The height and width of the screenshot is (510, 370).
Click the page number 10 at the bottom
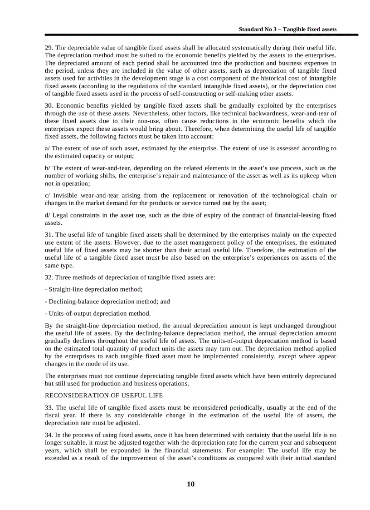pyautogui.click(x=190, y=484)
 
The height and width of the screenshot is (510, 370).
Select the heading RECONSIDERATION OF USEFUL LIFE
pyautogui.click(x=104, y=395)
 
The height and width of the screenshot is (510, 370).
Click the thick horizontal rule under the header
pyautogui.click(x=201, y=35)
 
